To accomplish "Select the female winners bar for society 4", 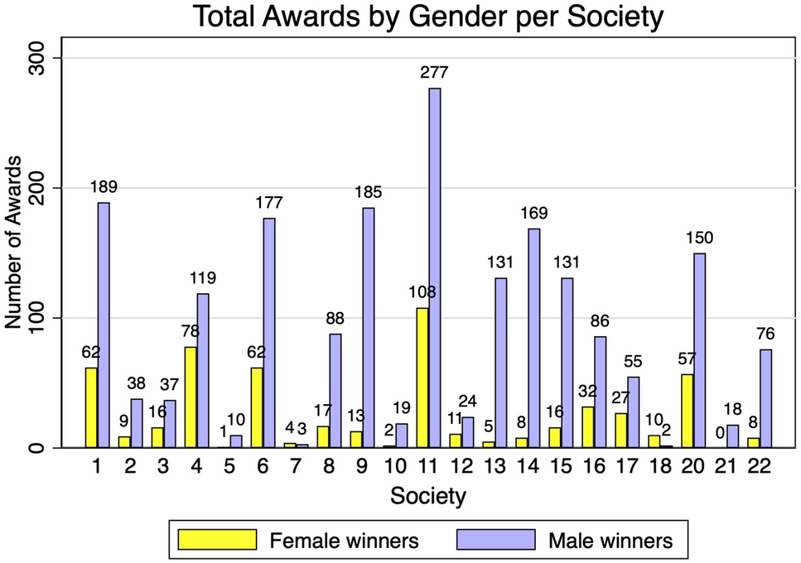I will coord(191,397).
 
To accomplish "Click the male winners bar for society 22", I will coord(766,398).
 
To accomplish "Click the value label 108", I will coord(422,292).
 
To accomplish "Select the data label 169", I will coord(534,214).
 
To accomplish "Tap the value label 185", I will coord(369,193).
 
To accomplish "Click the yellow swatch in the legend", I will coord(216,540).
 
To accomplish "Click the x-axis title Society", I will coord(427,497).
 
